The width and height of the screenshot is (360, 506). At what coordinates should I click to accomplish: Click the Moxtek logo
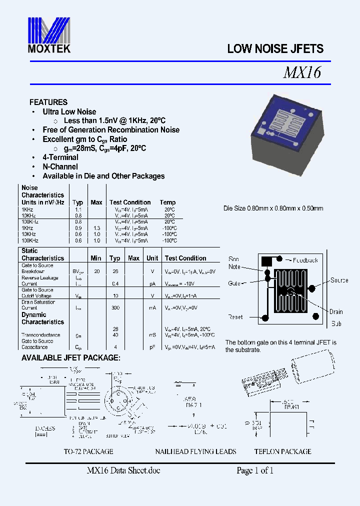click(48, 35)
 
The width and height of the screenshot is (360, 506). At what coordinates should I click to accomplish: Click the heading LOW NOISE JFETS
click(275, 49)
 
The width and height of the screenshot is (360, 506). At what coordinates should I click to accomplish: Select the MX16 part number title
click(301, 73)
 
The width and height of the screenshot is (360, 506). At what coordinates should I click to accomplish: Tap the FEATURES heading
click(48, 102)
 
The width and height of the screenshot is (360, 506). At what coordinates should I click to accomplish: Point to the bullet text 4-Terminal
click(60, 157)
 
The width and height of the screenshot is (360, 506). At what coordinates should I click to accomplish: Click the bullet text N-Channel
click(60, 166)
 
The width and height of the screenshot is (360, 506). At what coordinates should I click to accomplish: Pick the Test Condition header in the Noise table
click(130, 202)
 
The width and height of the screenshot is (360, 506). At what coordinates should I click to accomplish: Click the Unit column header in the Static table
click(152, 258)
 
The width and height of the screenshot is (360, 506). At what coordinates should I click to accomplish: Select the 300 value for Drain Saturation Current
click(115, 308)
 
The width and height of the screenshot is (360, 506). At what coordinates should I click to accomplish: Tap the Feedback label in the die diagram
click(305, 260)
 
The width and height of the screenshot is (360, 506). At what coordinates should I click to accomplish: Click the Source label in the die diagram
click(339, 280)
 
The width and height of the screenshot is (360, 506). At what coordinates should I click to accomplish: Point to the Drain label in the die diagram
click(336, 312)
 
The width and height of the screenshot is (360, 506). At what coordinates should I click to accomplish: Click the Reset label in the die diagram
click(235, 317)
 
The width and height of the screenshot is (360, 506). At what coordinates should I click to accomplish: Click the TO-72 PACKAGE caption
click(88, 451)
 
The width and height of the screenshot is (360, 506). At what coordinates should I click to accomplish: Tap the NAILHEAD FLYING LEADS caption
click(195, 451)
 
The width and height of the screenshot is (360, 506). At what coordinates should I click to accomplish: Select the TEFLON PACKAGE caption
click(282, 451)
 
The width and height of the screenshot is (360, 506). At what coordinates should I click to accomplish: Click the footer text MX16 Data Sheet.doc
click(123, 470)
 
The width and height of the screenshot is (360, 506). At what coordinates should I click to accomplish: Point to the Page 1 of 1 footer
click(255, 470)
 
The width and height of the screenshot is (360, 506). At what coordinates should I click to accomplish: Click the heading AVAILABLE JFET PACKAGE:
click(70, 358)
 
